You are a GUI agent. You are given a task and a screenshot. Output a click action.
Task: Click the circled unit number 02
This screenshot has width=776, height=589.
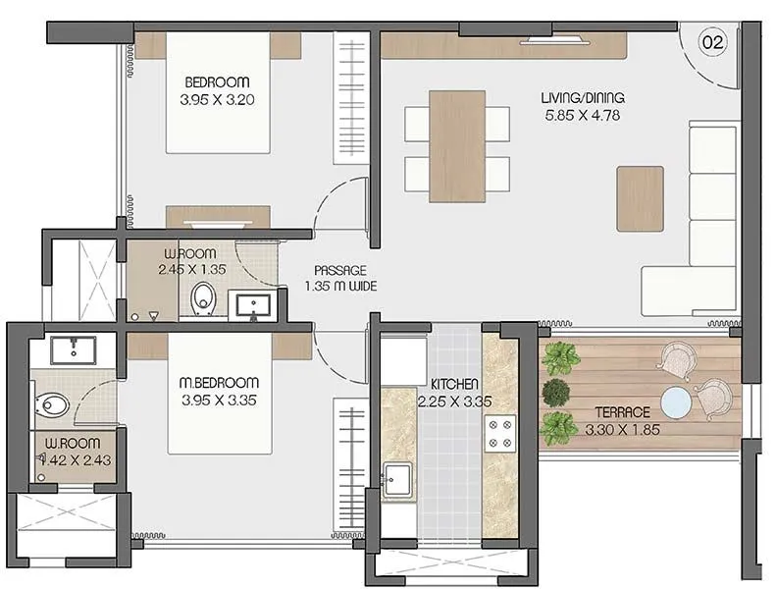click(x=711, y=42)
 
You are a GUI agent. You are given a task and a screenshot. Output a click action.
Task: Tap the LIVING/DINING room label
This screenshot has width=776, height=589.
click(x=583, y=98)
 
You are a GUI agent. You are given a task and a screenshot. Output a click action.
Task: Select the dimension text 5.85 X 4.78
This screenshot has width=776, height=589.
click(x=583, y=116)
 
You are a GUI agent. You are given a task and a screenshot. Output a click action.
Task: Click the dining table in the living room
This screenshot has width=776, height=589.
click(x=457, y=145)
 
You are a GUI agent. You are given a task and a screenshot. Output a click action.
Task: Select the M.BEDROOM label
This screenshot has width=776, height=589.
click(x=220, y=382)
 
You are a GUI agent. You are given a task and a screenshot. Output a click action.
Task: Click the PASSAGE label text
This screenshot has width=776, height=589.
click(x=340, y=270)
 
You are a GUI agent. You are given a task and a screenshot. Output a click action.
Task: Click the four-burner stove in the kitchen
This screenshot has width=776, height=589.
click(x=500, y=434)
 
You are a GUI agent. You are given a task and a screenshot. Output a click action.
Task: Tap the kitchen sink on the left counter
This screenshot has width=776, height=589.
click(x=398, y=481)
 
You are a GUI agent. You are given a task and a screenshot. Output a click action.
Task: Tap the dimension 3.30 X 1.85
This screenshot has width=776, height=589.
click(x=622, y=430)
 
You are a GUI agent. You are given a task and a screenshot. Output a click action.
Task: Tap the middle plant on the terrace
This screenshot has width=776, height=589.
click(x=557, y=390)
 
